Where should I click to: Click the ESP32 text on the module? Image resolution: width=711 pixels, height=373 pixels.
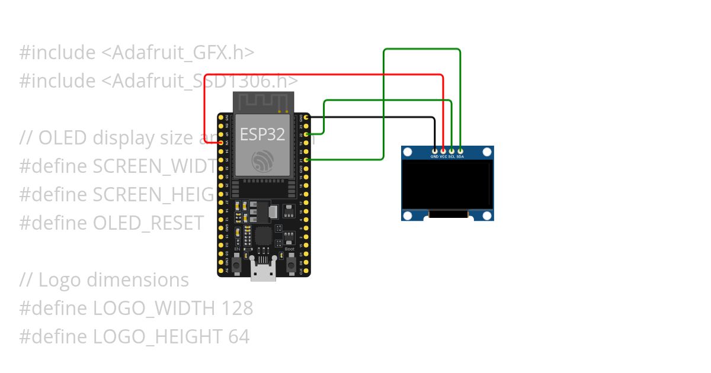click(x=262, y=134)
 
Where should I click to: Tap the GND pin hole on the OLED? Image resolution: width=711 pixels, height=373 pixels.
click(x=435, y=152)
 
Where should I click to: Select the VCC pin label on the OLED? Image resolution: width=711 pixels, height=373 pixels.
click(x=443, y=157)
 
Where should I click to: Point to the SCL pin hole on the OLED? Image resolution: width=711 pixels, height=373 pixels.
click(x=451, y=152)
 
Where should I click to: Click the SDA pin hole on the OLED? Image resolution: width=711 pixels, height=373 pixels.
click(x=460, y=152)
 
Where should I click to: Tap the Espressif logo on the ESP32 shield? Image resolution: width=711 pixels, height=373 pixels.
click(x=262, y=160)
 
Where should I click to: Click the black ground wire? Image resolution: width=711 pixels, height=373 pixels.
click(x=379, y=117)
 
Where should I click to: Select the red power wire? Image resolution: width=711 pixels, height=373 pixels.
click(x=332, y=75)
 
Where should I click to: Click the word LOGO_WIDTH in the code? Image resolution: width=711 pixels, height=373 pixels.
click(x=155, y=308)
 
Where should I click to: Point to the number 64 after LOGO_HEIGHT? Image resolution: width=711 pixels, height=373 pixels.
click(x=238, y=337)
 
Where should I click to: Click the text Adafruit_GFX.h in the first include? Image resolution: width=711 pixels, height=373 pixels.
click(x=178, y=53)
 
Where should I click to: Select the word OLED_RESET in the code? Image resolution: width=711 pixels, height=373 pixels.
click(x=149, y=223)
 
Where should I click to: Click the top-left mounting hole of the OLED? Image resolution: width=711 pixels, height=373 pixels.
click(x=408, y=152)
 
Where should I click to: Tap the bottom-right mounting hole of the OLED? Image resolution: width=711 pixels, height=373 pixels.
click(x=488, y=215)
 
